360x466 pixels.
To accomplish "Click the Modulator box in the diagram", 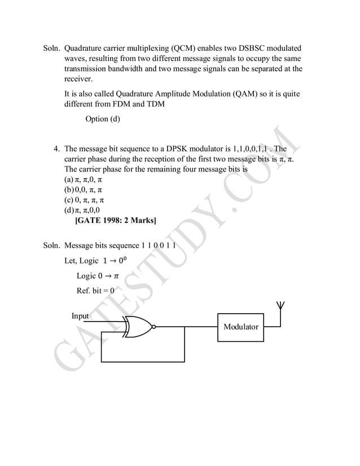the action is [240, 327].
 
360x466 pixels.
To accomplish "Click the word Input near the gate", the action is [80, 316].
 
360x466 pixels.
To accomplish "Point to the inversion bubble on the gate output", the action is [153, 327].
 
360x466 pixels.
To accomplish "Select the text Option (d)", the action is [103, 119].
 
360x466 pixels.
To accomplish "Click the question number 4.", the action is [56, 150].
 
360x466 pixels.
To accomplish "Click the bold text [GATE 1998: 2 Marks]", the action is [115, 221].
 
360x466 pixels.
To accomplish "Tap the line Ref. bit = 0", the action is [95, 291].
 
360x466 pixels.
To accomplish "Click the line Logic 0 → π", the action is [98, 276].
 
